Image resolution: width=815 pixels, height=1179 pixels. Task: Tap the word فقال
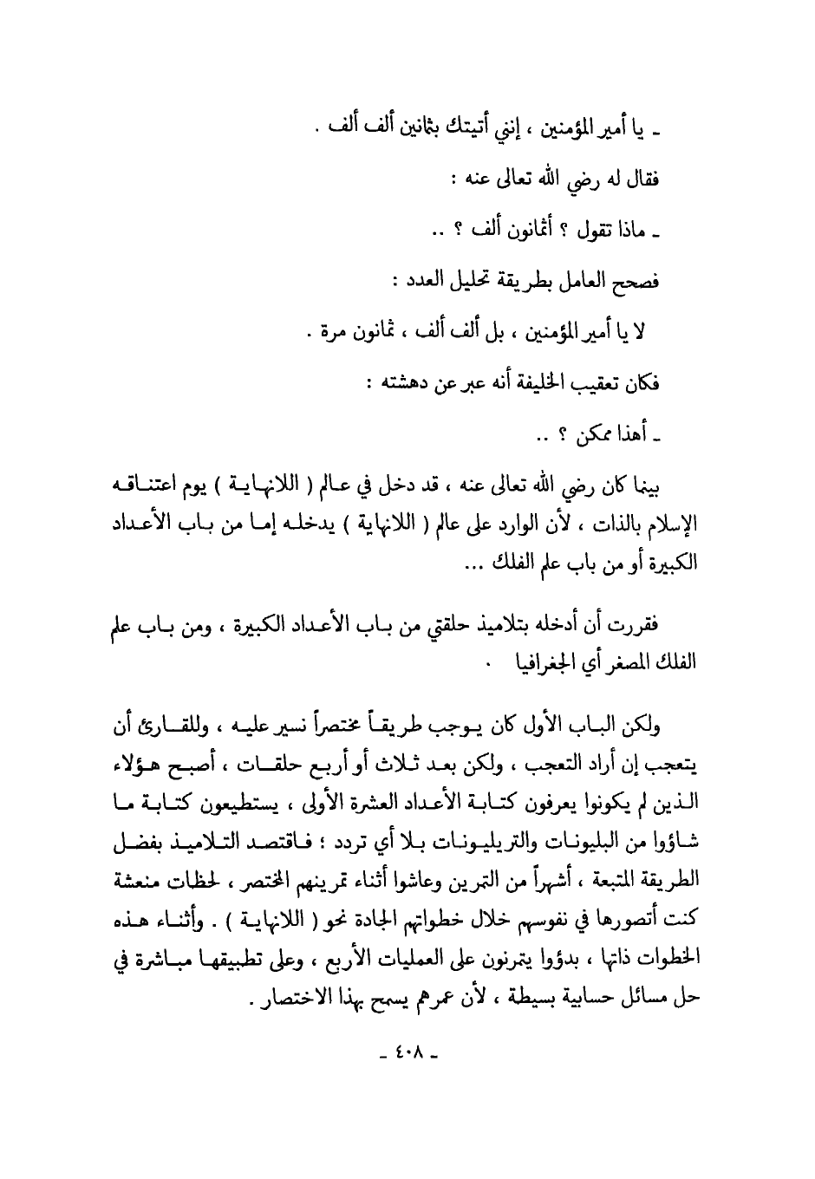tap(642, 180)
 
